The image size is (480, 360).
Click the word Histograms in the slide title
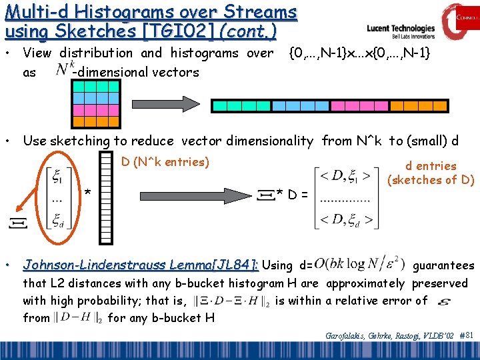click(131, 11)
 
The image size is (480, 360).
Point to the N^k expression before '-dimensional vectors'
click(64, 69)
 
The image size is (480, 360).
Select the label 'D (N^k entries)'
click(165, 162)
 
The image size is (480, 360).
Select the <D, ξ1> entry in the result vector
click(345, 175)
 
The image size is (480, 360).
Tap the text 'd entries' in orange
click(431, 166)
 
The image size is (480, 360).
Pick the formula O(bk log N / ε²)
click(361, 265)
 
